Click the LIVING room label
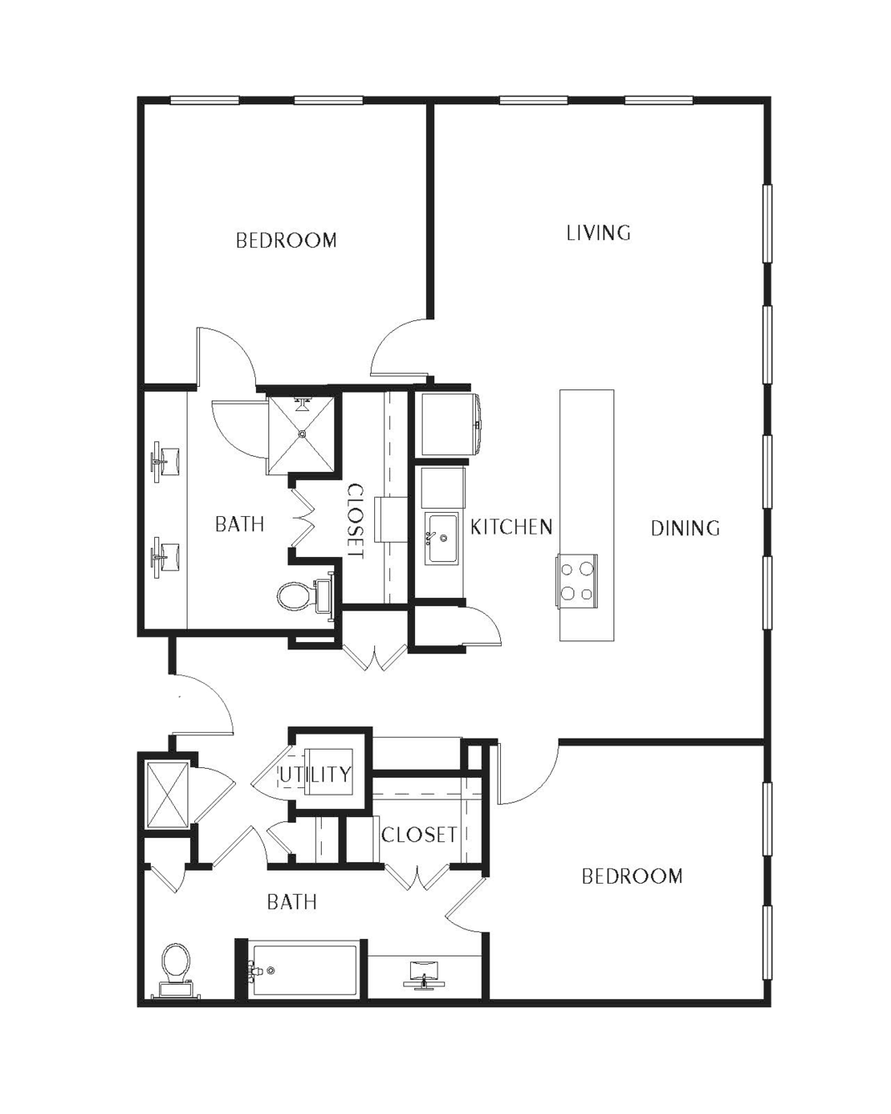(598, 233)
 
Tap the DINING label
(685, 528)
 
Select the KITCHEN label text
(511, 527)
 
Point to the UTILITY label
(315, 775)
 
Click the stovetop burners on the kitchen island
(577, 580)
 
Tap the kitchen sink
(442, 539)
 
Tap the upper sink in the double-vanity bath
(165, 458)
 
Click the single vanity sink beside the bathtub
(425, 975)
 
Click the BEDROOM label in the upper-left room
(286, 240)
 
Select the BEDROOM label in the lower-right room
(632, 876)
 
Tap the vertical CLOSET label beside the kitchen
(355, 521)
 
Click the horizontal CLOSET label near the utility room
(419, 835)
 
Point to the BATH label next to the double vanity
(239, 524)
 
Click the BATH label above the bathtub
(292, 902)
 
